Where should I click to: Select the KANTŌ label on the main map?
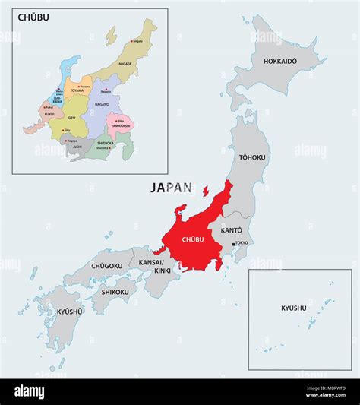[232, 229]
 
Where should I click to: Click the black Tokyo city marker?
[233, 244]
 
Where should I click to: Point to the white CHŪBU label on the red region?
[194, 239]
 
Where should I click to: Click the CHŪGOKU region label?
[106, 265]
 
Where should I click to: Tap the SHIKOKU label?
[115, 291]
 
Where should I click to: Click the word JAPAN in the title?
[171, 187]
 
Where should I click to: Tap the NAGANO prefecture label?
[102, 103]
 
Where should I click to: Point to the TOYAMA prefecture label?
[76, 90]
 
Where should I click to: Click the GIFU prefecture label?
[71, 118]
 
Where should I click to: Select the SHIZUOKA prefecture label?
[104, 142]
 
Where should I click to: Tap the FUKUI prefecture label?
[49, 114]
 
